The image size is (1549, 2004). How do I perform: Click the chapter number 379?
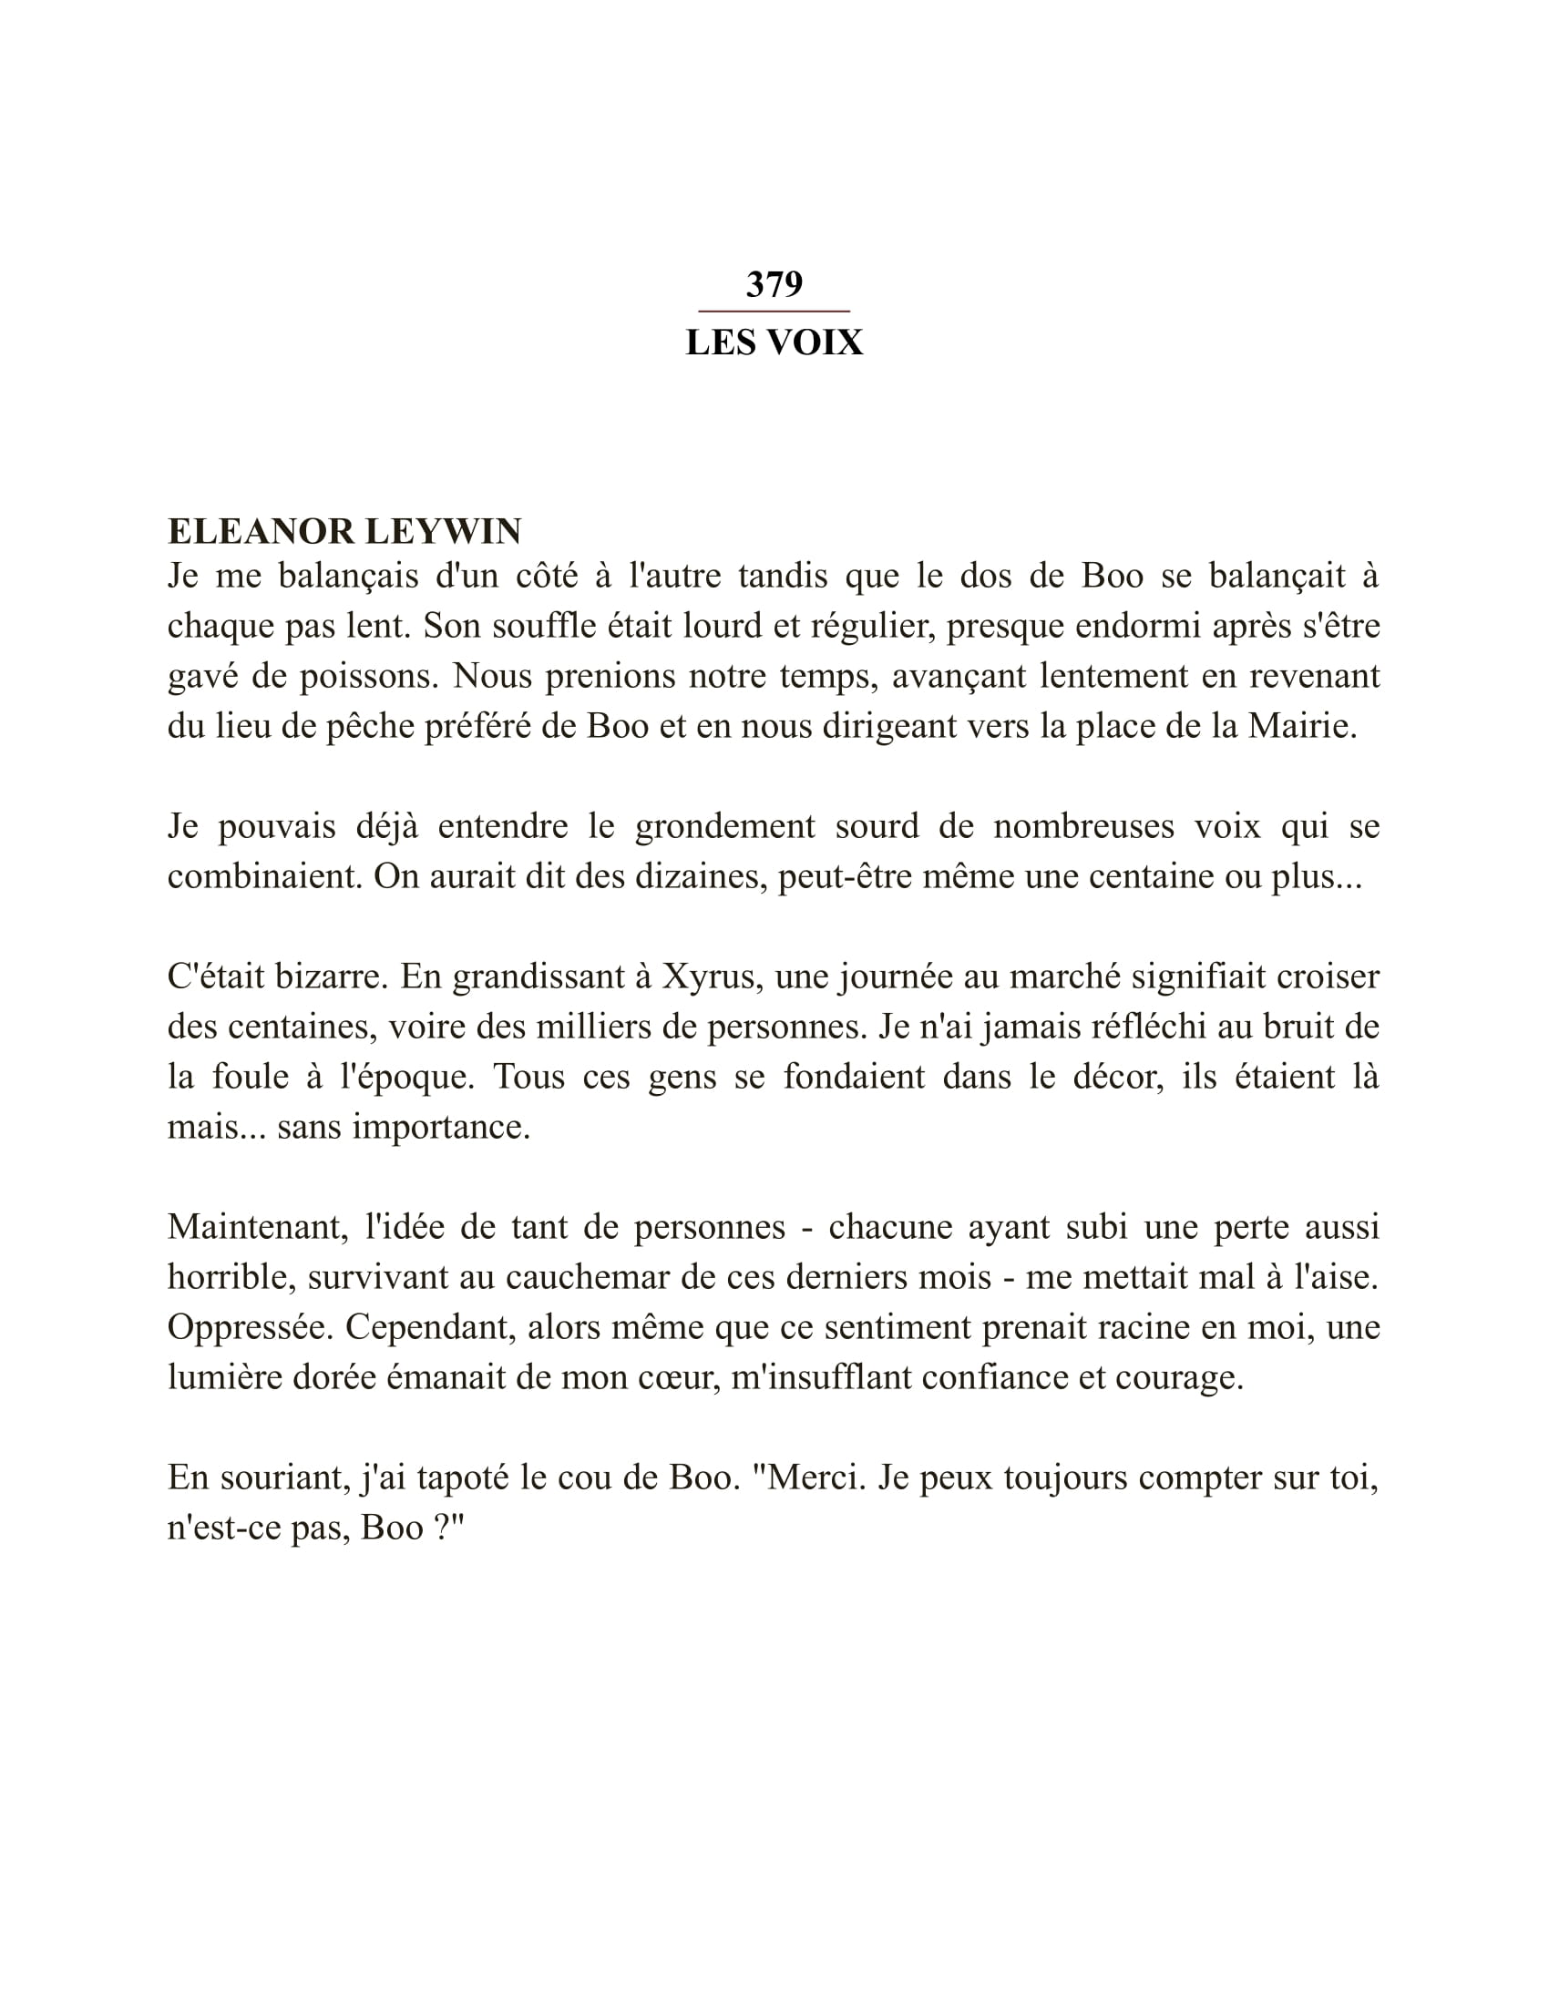[x=774, y=284]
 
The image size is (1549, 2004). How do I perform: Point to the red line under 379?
[x=774, y=312]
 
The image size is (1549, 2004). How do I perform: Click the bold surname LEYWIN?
[x=443, y=531]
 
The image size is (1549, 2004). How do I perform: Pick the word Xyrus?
[x=707, y=976]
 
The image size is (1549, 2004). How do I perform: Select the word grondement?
[x=724, y=827]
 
